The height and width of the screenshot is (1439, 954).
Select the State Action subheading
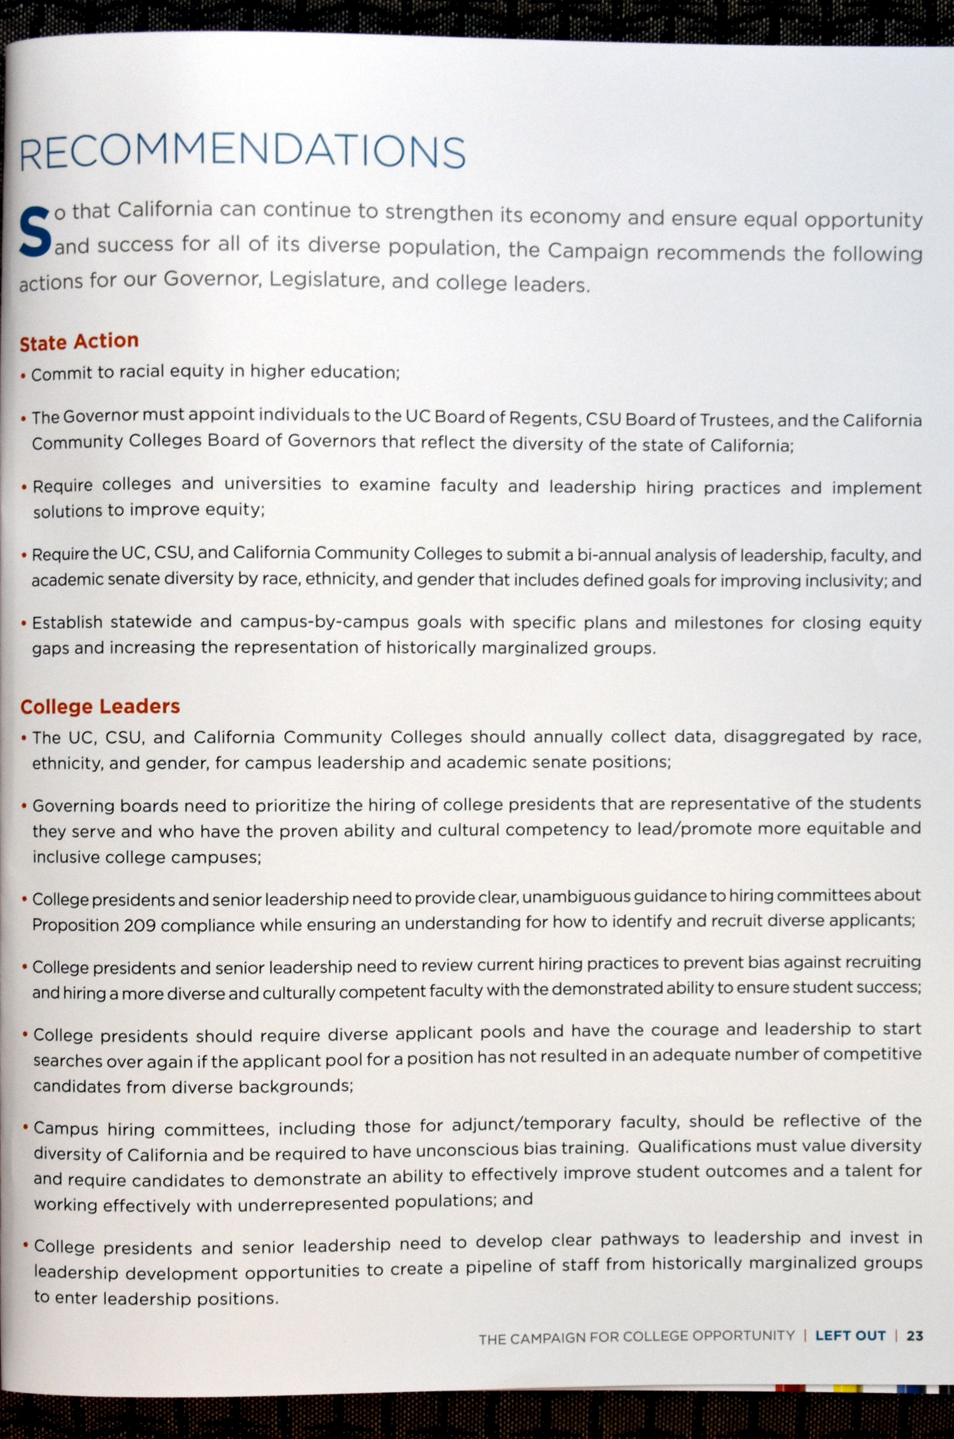click(x=79, y=341)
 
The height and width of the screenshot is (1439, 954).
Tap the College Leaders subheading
click(x=100, y=707)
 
